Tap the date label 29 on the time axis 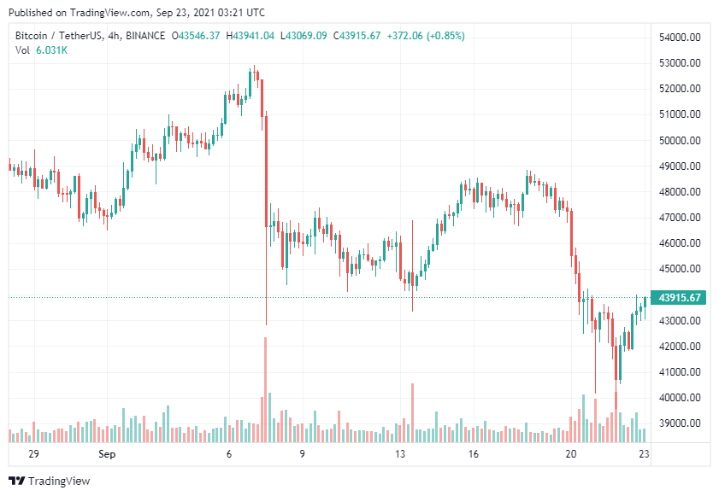pyautogui.click(x=33, y=455)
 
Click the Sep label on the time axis pyautogui.click(x=107, y=455)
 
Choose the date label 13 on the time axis pyautogui.click(x=400, y=455)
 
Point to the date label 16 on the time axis pyautogui.click(x=474, y=455)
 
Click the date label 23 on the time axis pyautogui.click(x=645, y=455)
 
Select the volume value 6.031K pyautogui.click(x=52, y=50)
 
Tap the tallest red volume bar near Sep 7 pyautogui.click(x=265, y=388)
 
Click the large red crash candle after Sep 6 pyautogui.click(x=266, y=171)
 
